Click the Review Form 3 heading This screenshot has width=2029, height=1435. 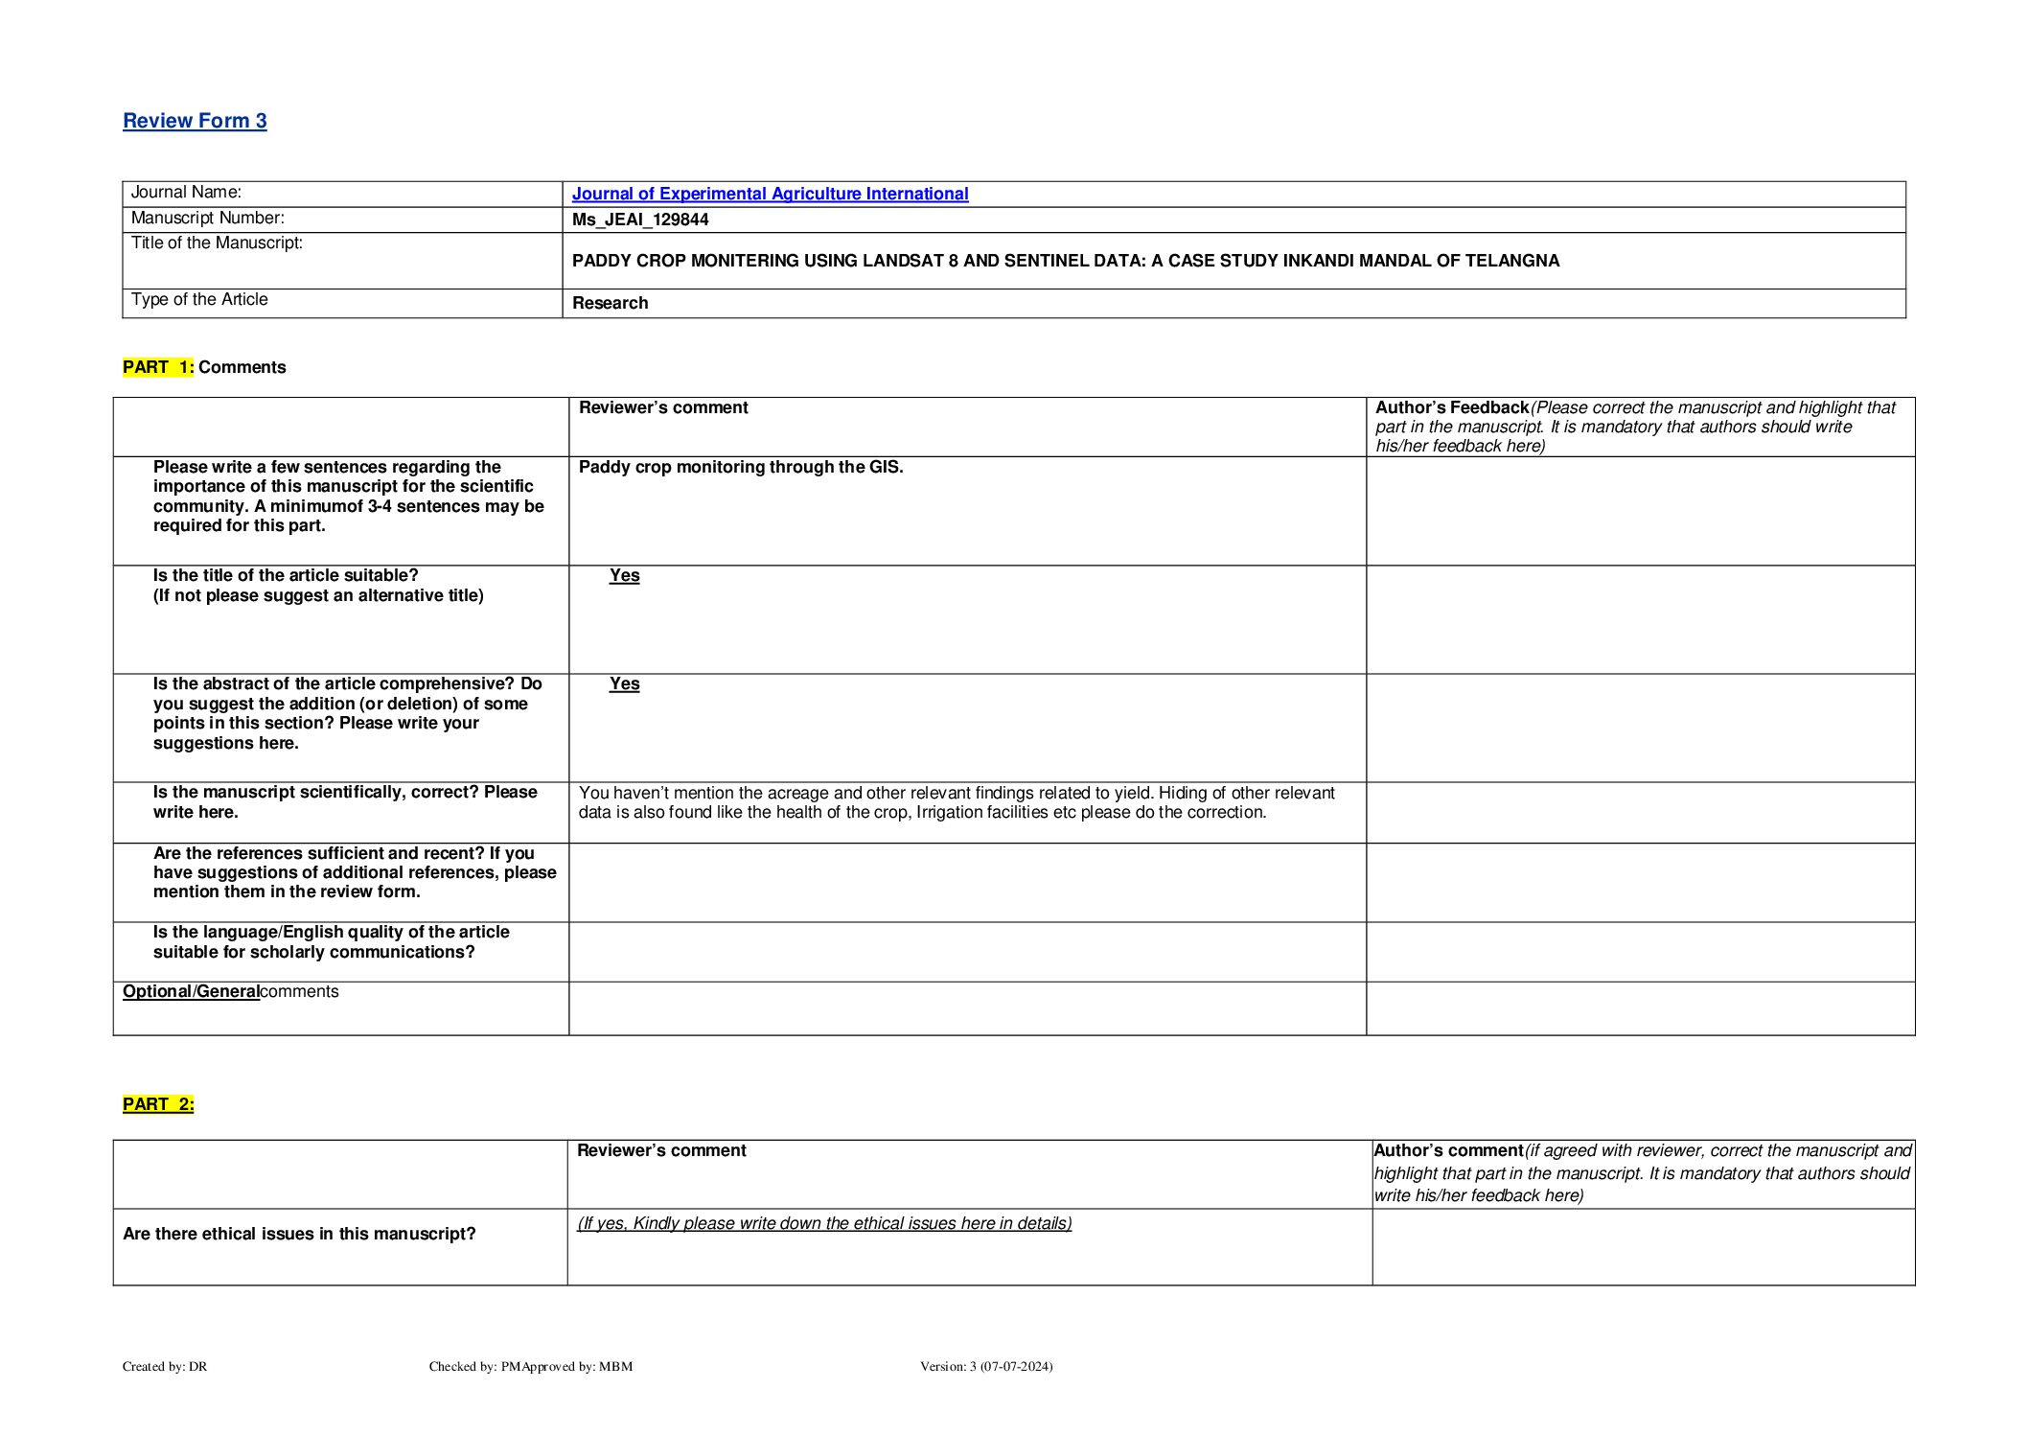tap(195, 121)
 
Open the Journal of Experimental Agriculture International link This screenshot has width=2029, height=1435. tap(770, 194)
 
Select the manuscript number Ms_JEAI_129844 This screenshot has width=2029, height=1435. tap(640, 220)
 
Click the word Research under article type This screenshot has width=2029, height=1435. tap(610, 303)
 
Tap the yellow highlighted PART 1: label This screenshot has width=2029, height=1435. tap(158, 367)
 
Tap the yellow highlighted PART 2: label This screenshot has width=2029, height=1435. tap(158, 1104)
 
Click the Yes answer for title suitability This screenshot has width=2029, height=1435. tap(624, 575)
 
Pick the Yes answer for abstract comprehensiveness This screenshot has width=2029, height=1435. tap(624, 683)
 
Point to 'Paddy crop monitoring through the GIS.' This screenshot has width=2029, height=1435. tap(741, 467)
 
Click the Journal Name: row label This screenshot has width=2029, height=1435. tap(186, 193)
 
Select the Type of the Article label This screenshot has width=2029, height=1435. tap(199, 299)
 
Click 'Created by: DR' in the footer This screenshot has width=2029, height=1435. tap(165, 1366)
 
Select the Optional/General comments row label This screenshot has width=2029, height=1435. tap(230, 991)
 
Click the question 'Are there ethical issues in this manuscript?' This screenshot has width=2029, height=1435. tap(299, 1234)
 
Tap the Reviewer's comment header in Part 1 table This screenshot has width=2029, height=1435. tap(663, 407)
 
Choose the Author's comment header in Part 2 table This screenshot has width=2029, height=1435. tap(1448, 1150)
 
